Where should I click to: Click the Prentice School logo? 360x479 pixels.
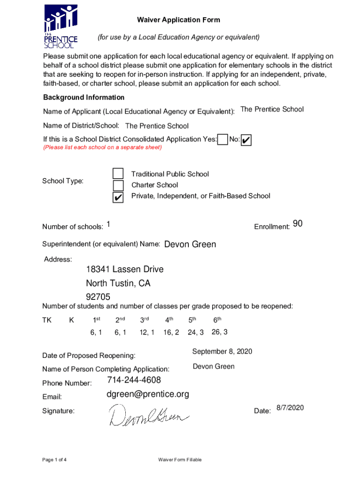pos(61,26)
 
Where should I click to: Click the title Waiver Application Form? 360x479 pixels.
pos(178,20)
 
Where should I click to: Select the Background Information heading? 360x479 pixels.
pos(84,97)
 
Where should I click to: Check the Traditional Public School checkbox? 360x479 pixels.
pos(118,174)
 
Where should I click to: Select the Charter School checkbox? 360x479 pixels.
pos(118,185)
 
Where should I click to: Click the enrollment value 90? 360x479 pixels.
pos(298,224)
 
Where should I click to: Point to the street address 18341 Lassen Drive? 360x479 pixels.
pos(124,269)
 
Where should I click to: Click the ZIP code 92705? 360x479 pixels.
pos(98,297)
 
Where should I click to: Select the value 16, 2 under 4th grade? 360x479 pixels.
pos(171,332)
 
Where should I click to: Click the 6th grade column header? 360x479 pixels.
pos(217,320)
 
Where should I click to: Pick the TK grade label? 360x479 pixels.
pos(47,320)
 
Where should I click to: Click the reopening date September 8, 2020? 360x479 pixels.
pos(222,351)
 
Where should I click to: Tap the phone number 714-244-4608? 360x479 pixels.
pos(134,380)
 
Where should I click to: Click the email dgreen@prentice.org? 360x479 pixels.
pos(148,394)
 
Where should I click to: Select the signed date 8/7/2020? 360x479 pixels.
pos(290,408)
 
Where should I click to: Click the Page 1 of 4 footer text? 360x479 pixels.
pos(54,460)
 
